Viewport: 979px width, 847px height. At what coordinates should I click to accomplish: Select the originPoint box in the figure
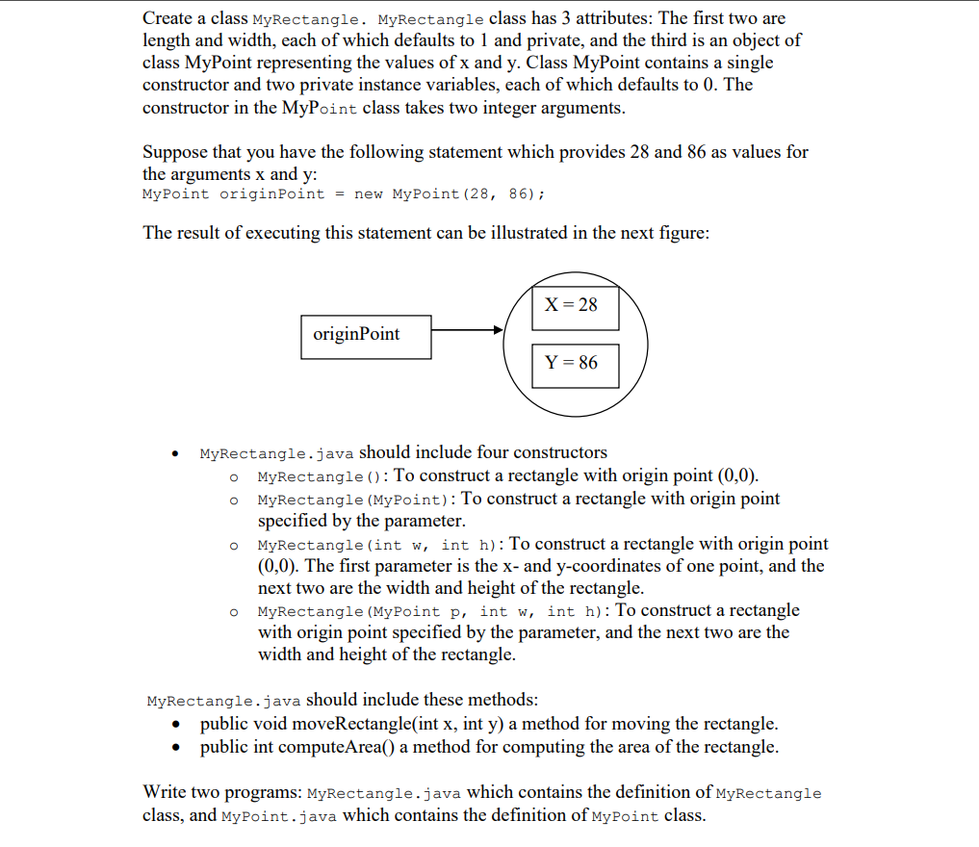(366, 335)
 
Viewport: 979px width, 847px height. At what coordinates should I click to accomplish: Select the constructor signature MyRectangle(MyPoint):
(357, 500)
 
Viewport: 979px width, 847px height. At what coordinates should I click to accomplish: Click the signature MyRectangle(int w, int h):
(381, 546)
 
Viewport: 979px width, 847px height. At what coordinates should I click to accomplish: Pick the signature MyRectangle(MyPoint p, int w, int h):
(433, 611)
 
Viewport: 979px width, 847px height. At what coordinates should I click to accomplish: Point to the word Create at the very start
(169, 18)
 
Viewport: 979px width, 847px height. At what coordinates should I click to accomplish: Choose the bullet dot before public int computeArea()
(175, 748)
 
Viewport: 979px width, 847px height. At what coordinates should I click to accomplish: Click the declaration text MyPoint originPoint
(234, 195)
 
